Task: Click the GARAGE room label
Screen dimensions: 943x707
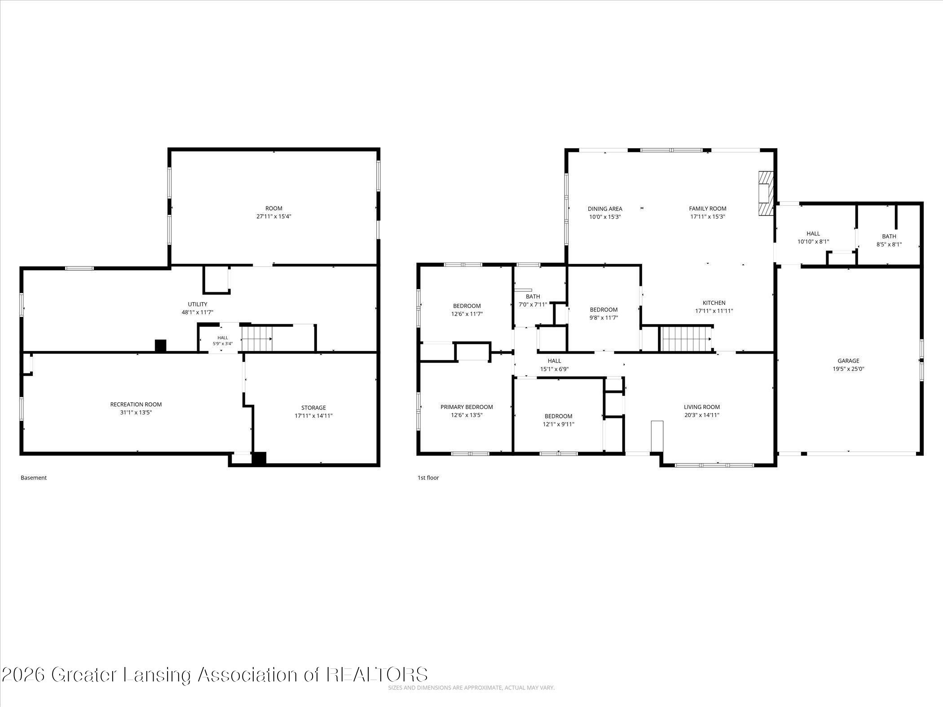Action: click(x=848, y=360)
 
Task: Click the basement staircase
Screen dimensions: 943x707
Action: click(x=257, y=338)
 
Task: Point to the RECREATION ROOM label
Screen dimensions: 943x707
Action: click(x=136, y=404)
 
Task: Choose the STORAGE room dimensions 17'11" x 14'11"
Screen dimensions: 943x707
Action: click(x=313, y=416)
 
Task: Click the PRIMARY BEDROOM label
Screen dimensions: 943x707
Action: click(x=467, y=407)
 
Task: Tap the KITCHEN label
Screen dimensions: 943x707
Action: click(x=714, y=303)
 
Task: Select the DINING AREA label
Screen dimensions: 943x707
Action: click(x=605, y=209)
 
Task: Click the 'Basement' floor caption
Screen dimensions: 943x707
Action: click(x=34, y=478)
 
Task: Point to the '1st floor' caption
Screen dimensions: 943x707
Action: click(x=428, y=478)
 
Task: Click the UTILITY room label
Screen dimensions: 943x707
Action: click(x=198, y=304)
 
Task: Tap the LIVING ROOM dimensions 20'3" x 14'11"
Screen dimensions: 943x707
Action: click(x=702, y=415)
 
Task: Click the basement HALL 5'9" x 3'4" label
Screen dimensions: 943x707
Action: click(x=223, y=341)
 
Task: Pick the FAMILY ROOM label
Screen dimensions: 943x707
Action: click(x=708, y=208)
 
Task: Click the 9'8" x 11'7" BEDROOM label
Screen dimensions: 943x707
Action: click(x=604, y=313)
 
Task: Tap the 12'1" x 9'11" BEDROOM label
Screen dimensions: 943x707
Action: click(x=559, y=420)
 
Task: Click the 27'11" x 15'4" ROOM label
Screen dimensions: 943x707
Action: click(x=274, y=212)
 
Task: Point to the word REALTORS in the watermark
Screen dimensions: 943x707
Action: click(x=377, y=675)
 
